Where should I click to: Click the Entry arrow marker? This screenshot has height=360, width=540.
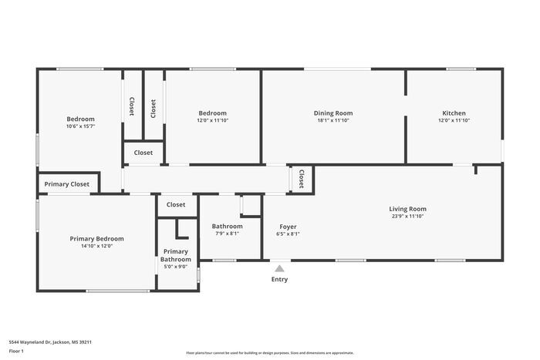[279, 268]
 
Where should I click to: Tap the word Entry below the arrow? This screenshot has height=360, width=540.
[279, 279]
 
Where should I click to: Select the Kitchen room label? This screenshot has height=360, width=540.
[454, 113]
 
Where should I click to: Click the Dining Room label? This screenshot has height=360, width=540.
[332, 113]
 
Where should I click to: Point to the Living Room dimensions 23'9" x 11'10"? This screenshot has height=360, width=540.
[407, 217]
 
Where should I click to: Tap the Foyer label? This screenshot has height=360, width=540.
[288, 227]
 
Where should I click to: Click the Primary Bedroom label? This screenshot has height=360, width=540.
[96, 239]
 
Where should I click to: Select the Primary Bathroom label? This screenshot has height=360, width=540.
[176, 255]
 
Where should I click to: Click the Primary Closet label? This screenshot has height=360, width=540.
[67, 184]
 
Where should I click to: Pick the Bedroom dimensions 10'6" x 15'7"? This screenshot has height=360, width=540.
[80, 126]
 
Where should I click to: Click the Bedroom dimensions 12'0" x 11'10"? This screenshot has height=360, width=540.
[212, 120]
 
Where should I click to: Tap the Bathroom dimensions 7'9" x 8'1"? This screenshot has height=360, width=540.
[227, 234]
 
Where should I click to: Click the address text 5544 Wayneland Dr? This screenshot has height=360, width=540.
[45, 341]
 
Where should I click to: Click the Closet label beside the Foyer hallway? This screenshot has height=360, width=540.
[302, 179]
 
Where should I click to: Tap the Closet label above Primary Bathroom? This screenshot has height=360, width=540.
[176, 205]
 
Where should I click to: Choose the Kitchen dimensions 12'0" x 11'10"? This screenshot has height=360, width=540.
[454, 120]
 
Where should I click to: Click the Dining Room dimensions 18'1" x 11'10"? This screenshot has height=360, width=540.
[332, 120]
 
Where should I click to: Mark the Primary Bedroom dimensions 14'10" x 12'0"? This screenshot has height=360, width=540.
[96, 247]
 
